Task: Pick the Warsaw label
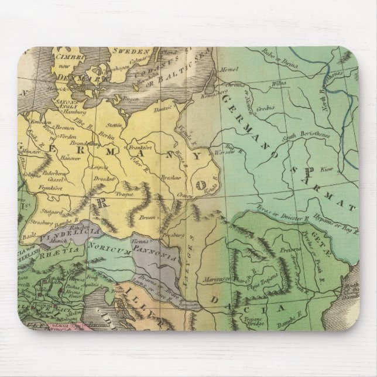point(227,155)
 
